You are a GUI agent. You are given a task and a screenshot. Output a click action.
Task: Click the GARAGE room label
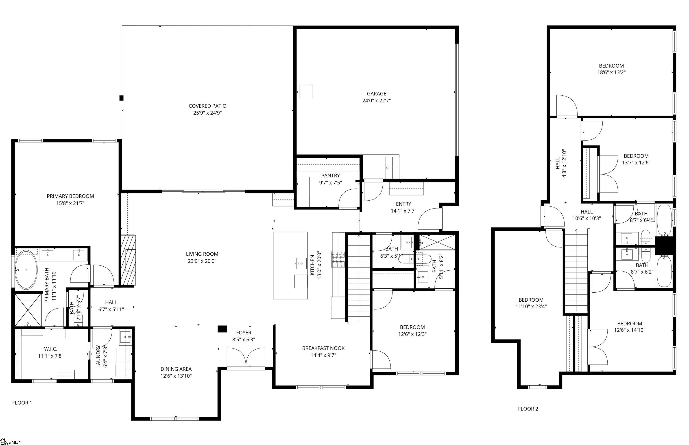(x=376, y=94)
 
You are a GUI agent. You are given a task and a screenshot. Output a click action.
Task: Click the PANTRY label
(x=330, y=176)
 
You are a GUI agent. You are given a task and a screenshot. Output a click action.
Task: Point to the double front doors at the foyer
(x=246, y=357)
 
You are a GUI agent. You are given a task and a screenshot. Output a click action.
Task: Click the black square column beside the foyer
(x=222, y=329)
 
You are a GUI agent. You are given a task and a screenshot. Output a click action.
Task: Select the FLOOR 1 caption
(x=22, y=403)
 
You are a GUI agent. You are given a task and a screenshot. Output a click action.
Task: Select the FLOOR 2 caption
(x=528, y=409)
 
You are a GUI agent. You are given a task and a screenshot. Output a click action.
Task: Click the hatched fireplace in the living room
(x=128, y=260)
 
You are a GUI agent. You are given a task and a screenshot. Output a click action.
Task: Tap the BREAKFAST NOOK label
(x=323, y=348)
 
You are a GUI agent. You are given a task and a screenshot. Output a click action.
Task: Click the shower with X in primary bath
(x=28, y=310)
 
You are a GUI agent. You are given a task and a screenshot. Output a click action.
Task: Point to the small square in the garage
(x=306, y=91)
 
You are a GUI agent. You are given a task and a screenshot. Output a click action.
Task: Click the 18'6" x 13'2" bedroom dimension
(x=611, y=72)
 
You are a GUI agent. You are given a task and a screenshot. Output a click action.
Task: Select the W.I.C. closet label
(x=50, y=349)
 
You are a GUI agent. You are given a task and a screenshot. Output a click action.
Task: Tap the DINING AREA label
(x=176, y=369)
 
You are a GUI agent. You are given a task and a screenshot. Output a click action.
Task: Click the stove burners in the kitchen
(x=338, y=259)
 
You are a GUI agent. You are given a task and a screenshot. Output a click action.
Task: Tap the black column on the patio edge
(x=122, y=98)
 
